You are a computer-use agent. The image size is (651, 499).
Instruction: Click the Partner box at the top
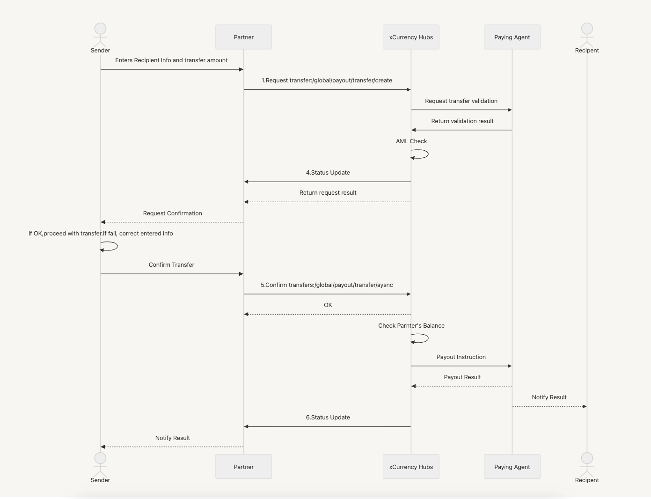tap(243, 37)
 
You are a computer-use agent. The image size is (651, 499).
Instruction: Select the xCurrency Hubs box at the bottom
tap(411, 467)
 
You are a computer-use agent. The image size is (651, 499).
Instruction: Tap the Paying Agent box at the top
tap(512, 37)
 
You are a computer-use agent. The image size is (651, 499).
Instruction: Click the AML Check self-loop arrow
tap(421, 154)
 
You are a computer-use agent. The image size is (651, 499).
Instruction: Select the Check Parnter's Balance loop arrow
tap(421, 338)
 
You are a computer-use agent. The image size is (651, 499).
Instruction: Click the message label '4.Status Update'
tap(328, 173)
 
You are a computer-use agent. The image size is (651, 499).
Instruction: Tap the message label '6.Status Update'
tap(328, 418)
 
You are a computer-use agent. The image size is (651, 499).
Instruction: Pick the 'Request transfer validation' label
tap(461, 101)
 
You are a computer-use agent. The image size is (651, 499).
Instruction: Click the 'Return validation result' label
tap(462, 121)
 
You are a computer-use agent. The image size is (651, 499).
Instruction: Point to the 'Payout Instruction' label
tap(461, 357)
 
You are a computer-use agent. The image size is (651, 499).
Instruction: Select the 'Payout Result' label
tap(462, 377)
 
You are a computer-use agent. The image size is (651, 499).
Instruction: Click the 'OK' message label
tap(328, 305)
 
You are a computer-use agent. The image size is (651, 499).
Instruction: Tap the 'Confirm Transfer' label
tap(171, 265)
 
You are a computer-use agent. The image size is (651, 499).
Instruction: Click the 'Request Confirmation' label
tap(172, 213)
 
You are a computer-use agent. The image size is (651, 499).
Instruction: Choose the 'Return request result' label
tap(328, 193)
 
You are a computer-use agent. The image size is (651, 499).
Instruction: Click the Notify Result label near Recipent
tap(549, 397)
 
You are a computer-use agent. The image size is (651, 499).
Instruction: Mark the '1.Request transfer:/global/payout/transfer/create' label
tap(327, 81)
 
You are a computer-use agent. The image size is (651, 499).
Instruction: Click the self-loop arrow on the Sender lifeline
tap(110, 246)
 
